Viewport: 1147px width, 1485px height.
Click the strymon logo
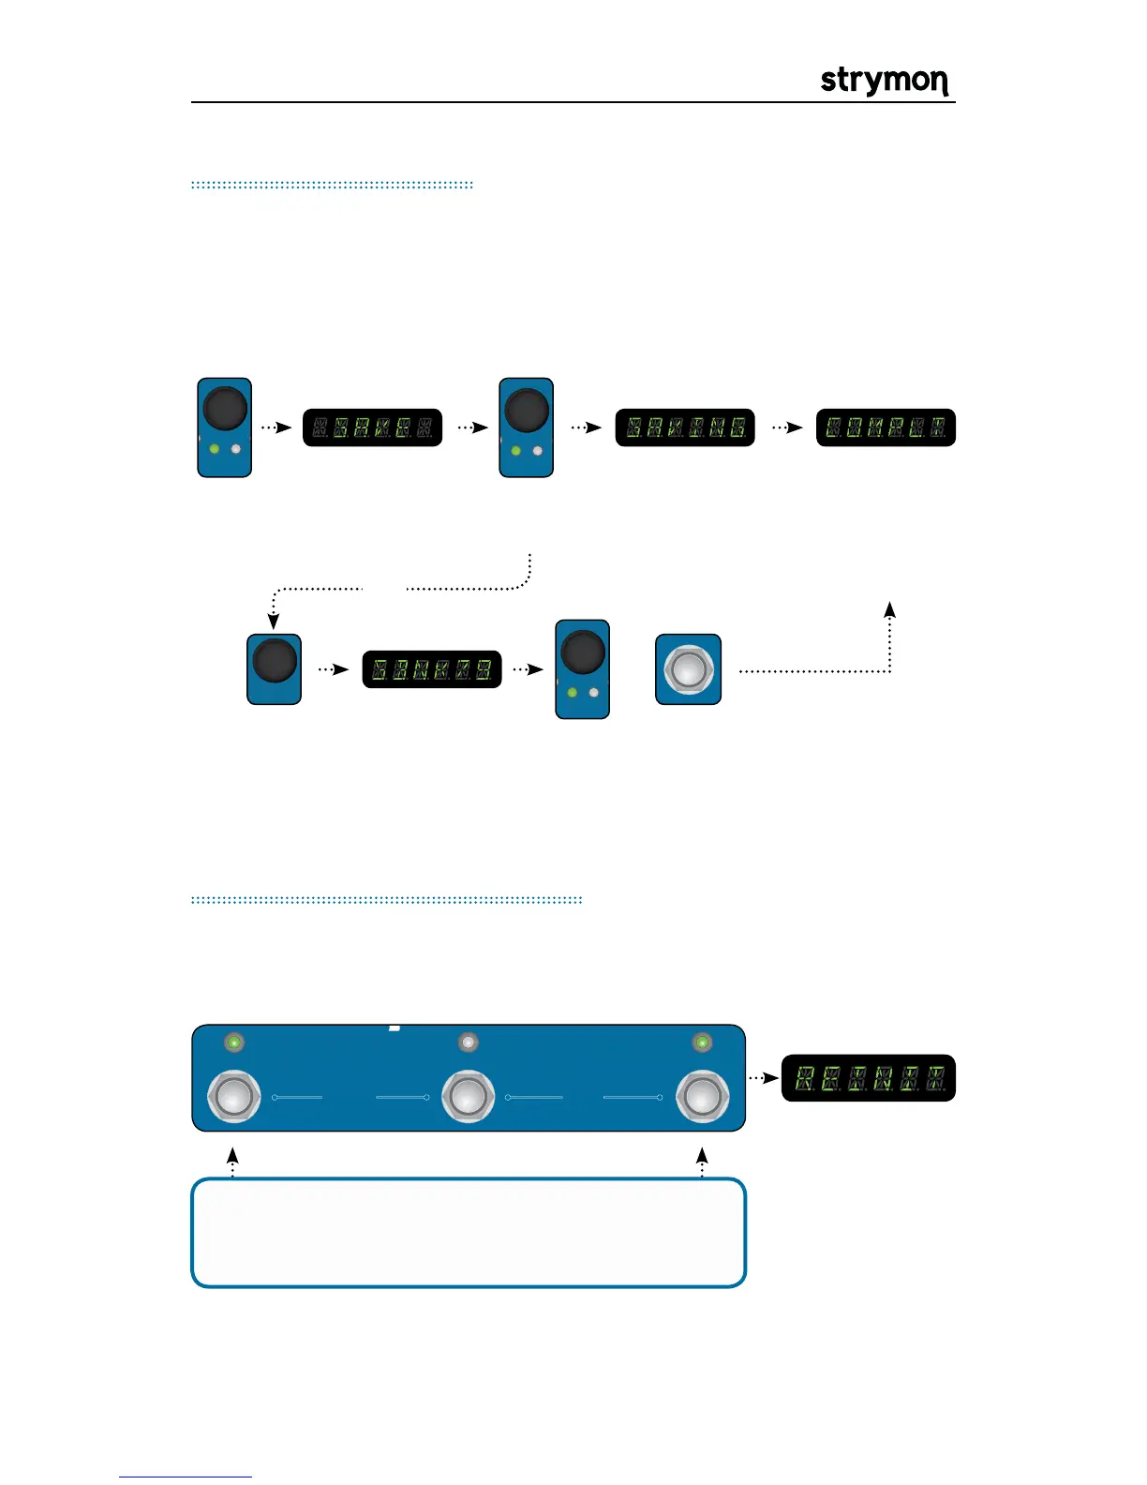884,81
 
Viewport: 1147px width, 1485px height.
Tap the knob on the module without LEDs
274,660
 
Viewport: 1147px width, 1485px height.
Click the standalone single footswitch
688,670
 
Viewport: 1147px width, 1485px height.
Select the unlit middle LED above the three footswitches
468,1042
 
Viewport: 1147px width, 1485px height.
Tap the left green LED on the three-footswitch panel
233,1042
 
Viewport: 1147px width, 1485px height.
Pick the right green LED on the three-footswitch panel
702,1042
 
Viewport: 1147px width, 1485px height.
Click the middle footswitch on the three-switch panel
468,1095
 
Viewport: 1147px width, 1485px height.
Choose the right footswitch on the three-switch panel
703,1095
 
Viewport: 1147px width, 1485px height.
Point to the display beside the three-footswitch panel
868,1078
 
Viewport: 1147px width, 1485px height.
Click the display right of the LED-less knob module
432,669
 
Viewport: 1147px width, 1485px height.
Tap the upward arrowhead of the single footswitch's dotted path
890,609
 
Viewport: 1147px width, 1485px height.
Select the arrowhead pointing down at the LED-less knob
274,622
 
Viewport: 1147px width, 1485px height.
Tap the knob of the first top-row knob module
225,410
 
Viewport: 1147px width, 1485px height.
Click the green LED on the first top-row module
215,449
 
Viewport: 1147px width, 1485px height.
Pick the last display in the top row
886,427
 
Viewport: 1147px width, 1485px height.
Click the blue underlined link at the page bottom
186,1477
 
